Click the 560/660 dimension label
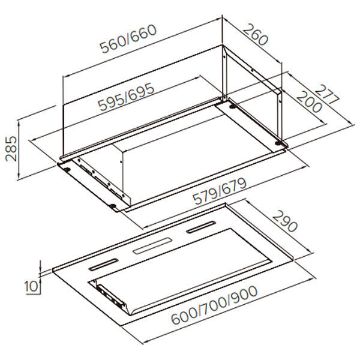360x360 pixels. coord(128,39)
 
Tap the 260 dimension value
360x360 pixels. coord(256,34)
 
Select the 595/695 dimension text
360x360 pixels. coord(126,97)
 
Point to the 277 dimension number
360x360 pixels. coord(327,94)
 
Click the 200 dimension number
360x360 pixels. coord(309,102)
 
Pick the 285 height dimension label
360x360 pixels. coord(11,149)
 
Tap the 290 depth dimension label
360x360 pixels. coord(284,221)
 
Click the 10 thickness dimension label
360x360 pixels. coord(31,287)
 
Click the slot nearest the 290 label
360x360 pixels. coord(201,227)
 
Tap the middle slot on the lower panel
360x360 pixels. coord(152,246)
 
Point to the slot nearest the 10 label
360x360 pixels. coord(104,265)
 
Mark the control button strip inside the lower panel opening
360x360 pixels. coord(111,297)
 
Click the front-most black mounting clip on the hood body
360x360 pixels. coord(113,206)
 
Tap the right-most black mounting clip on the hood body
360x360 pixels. coord(279,143)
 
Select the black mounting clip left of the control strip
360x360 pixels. coord(67,170)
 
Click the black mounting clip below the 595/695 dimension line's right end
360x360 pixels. coord(233,106)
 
